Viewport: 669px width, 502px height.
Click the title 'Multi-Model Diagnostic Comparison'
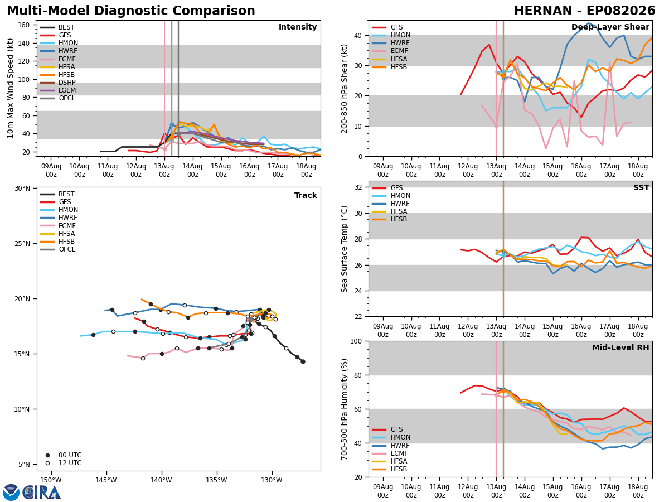pyautogui.click(x=131, y=11)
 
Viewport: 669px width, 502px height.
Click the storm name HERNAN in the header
pyautogui.click(x=543, y=11)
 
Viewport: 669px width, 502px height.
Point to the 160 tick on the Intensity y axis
pyautogui.click(x=24, y=25)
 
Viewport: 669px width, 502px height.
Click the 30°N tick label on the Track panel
pyautogui.click(x=22, y=189)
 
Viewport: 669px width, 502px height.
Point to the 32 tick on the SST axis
pyautogui.click(x=358, y=187)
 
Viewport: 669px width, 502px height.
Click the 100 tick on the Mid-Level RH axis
pyautogui.click(x=356, y=341)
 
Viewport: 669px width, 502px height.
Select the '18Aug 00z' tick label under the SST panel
pyautogui.click(x=638, y=330)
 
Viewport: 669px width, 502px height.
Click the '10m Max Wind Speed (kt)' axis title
pyautogui.click(x=10, y=88)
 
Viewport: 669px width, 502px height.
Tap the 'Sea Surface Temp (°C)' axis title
pyautogui.click(x=344, y=249)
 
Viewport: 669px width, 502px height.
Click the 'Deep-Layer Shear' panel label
pyautogui.click(x=610, y=27)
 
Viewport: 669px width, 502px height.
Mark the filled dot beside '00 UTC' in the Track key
pyautogui.click(x=47, y=455)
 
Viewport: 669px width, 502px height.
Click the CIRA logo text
pyautogui.click(x=42, y=493)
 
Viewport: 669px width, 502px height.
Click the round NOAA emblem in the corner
pyautogui.click(x=11, y=493)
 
